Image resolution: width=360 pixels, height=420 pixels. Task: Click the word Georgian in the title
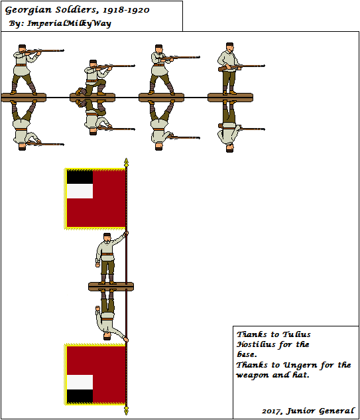pos(28,11)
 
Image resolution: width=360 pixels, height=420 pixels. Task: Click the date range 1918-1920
pos(126,10)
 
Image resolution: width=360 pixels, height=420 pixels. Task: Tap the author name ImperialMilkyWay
pos(69,24)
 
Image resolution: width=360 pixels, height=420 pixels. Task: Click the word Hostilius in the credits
pos(256,344)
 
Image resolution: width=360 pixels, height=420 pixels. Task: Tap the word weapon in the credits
pos(253,376)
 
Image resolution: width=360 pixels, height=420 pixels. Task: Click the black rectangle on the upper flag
pos(80,177)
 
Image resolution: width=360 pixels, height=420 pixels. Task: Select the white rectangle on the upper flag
pos(80,191)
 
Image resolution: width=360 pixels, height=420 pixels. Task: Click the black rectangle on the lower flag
pos(80,396)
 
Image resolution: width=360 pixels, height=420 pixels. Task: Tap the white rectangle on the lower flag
pos(80,382)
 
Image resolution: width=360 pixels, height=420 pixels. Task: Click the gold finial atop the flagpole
pos(127,163)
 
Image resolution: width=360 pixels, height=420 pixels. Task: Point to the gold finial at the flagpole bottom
pos(127,410)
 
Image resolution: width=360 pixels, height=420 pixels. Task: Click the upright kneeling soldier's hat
pos(93,62)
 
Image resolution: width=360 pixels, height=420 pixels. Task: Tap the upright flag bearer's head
pos(107,237)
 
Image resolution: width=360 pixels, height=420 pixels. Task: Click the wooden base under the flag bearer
pos(111,287)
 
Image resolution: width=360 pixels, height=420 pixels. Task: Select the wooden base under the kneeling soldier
pos(92,98)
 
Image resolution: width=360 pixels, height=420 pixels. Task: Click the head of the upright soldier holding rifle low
pos(229,47)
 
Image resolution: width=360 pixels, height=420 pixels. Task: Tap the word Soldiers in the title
pos(76,10)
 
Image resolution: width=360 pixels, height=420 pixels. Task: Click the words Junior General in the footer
pos(320,411)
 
